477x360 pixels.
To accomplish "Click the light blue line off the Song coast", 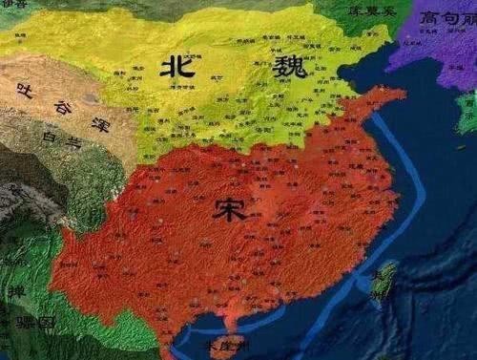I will [401, 191].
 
